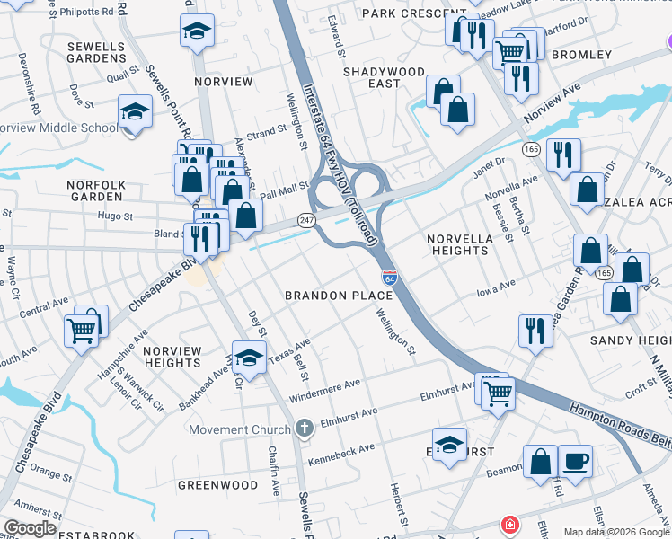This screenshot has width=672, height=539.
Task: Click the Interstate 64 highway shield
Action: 389,278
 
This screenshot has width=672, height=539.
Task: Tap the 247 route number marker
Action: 305,220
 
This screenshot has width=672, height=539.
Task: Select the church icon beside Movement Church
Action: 305,429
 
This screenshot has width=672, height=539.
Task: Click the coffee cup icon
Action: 576,462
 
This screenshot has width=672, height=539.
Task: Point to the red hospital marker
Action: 509,524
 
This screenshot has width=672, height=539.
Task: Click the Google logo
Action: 30,528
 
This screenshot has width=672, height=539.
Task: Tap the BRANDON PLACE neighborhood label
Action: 328,296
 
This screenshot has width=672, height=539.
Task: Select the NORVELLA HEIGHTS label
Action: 459,243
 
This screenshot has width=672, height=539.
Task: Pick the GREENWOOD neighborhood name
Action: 217,485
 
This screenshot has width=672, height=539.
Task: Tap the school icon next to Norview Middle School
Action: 134,112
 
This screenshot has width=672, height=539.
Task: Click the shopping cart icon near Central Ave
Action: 81,331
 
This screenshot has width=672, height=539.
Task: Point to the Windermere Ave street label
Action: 324,390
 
